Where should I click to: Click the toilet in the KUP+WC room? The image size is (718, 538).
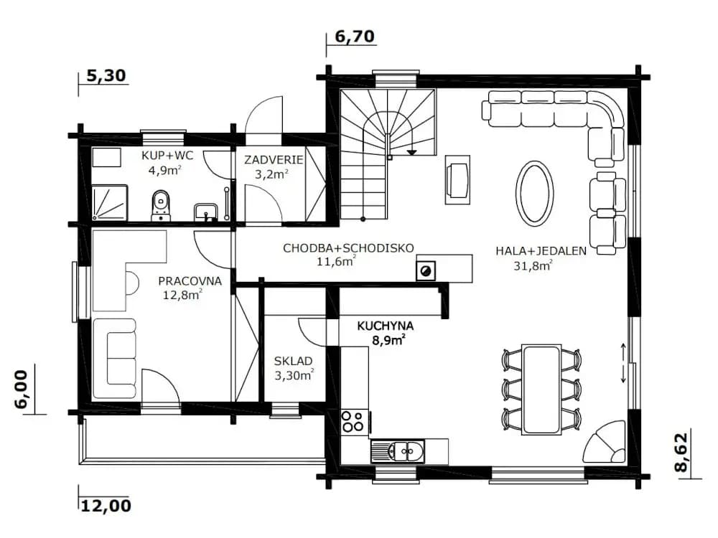click(161, 205)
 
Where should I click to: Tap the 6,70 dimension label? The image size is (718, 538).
click(355, 36)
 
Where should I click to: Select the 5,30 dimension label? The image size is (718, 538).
click(106, 75)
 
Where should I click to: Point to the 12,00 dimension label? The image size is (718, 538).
click(106, 506)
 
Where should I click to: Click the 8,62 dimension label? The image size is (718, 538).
click(681, 452)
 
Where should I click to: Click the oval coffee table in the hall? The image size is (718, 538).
click(534, 192)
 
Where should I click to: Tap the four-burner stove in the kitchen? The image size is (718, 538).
click(354, 421)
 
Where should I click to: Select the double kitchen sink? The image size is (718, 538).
click(398, 451)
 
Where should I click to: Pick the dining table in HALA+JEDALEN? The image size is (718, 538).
click(541, 390)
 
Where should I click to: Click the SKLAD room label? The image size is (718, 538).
click(293, 361)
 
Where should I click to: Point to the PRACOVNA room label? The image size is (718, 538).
click(190, 281)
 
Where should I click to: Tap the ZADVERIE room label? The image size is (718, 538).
click(274, 160)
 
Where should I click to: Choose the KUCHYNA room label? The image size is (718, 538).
click(385, 326)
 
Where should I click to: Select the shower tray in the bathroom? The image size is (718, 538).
click(110, 203)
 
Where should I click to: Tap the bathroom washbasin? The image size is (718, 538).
click(205, 212)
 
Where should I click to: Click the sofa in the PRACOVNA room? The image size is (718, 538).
click(115, 359)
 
